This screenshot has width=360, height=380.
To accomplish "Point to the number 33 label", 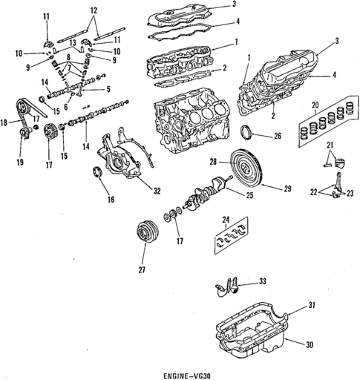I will click(x=263, y=281).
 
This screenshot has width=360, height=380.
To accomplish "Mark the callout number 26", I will click(x=278, y=136).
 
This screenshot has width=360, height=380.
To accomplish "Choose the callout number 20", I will click(x=315, y=105).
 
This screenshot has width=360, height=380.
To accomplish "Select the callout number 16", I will click(x=111, y=200).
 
